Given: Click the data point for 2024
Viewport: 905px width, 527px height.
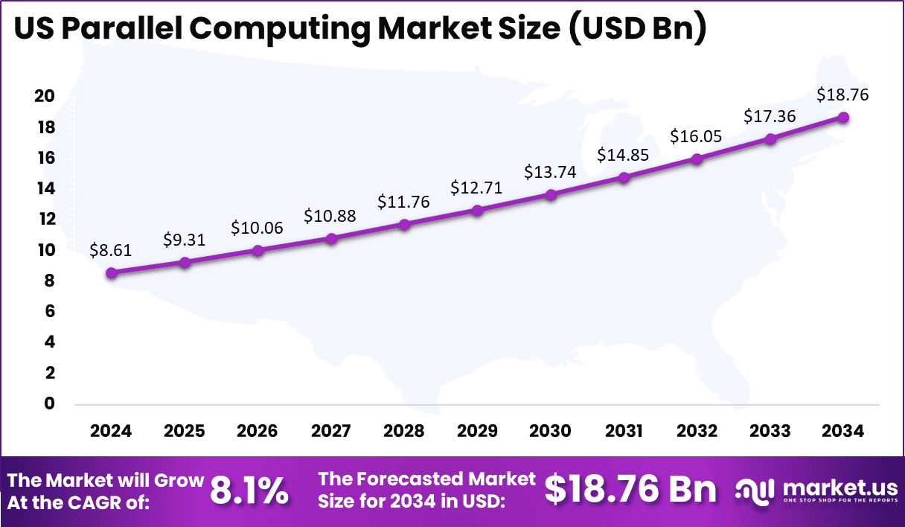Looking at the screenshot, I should coord(112,273).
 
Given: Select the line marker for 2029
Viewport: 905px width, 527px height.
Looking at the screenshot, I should coord(478,211).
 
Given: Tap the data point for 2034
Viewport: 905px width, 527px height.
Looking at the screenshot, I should coord(843,118).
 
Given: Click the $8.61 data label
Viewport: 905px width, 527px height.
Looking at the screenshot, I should coord(110,250).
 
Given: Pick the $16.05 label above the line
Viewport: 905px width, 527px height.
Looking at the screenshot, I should coord(696,136).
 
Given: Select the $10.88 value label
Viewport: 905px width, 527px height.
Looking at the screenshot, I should coord(330,216).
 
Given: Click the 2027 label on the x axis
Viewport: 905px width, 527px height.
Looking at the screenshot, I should coord(331,432).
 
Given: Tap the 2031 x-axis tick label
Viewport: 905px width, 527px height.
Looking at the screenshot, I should coord(624,432).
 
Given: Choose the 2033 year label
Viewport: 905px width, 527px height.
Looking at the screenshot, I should coord(770,432).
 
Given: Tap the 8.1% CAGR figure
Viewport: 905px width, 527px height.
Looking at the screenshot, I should coord(249,491).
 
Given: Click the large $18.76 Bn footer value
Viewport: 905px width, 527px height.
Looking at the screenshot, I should coord(630,490).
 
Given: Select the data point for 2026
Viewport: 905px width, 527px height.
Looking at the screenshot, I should coord(258,251).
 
